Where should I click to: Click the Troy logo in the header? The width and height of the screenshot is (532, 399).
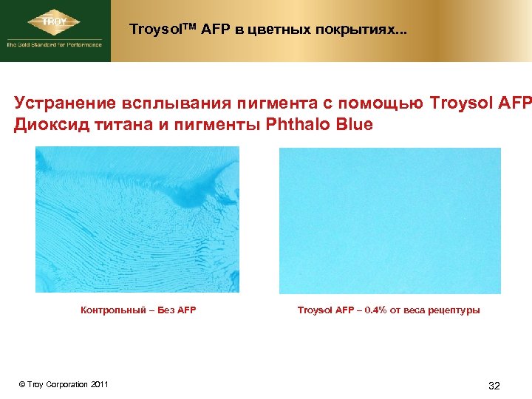(55, 22)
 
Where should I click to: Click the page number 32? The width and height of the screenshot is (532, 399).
(494, 386)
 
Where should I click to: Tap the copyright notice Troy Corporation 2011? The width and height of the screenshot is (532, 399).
(64, 384)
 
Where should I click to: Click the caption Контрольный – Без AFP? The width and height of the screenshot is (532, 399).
(138, 310)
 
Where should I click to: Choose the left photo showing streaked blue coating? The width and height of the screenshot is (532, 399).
(137, 219)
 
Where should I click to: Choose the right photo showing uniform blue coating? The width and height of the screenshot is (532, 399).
(389, 221)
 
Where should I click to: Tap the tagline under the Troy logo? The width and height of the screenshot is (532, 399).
(54, 44)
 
